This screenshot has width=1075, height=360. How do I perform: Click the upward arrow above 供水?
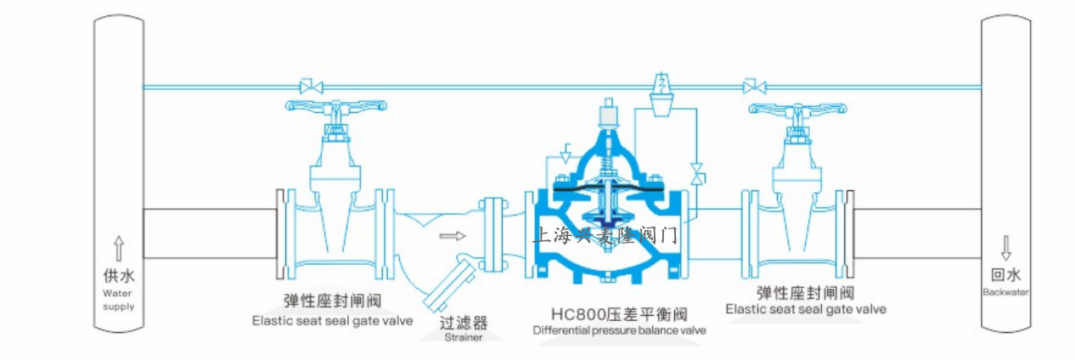click(x=119, y=249)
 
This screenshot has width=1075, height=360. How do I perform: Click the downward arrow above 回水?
click(x=1006, y=248)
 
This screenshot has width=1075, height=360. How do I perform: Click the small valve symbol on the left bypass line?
click(x=310, y=86)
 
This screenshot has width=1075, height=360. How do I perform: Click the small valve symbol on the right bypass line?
click(x=751, y=86)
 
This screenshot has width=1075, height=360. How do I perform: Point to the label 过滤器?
click(x=464, y=323)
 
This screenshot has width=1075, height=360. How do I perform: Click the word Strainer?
click(x=464, y=337)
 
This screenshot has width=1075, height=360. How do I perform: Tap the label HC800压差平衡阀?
click(x=617, y=314)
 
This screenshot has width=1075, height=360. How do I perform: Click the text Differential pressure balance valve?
click(x=619, y=329)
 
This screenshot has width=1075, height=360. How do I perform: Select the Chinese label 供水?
click(x=119, y=277)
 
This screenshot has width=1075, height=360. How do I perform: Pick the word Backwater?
click(x=1006, y=292)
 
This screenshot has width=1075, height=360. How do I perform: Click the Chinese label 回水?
click(x=1006, y=275)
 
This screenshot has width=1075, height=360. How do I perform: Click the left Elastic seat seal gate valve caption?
click(x=332, y=321)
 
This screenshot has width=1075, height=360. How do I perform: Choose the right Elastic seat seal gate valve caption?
click(x=806, y=309)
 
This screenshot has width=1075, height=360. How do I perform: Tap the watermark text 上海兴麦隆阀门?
click(x=604, y=235)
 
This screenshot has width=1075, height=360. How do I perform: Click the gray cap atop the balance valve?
click(x=607, y=113)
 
